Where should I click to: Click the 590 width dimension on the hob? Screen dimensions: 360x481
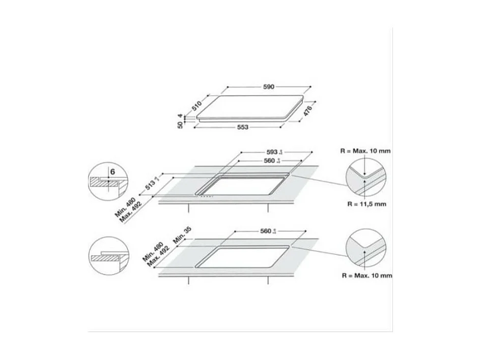(x=268, y=87)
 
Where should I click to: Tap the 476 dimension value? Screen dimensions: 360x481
(x=308, y=112)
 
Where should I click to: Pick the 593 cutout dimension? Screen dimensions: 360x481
(x=272, y=152)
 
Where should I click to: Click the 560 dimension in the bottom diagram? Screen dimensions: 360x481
(x=264, y=231)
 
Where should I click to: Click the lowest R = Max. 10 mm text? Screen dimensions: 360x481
(x=366, y=275)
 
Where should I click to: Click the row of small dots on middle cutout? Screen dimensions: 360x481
(x=206, y=197)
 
